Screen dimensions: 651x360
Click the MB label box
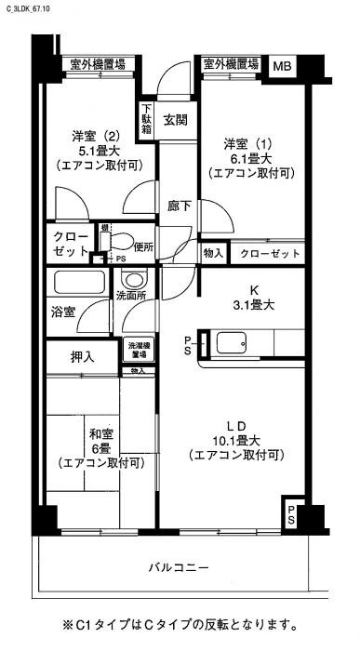coord(282,65)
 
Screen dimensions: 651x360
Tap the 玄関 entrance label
coord(177,120)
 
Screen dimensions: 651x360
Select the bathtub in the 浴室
coord(80,284)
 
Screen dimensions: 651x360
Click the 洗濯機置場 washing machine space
coord(139,351)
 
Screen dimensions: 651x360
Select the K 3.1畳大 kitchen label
coord(252,297)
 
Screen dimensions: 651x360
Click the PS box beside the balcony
coord(292,513)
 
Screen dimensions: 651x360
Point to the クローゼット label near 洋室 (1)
coord(271,253)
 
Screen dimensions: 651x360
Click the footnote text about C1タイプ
coord(180,624)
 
